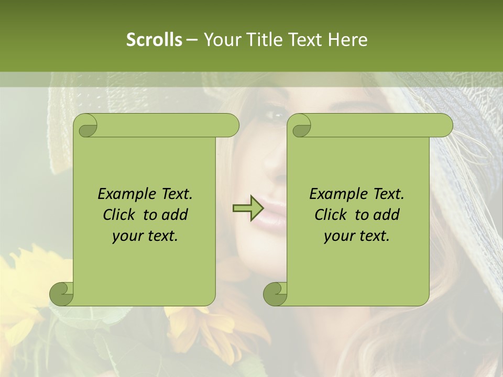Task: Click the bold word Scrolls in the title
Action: pos(154,40)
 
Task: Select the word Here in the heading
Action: pos(347,40)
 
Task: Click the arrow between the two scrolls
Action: pos(247,209)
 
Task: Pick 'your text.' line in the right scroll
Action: pos(357,236)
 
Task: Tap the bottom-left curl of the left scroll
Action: pos(61,293)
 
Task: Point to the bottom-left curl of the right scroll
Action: pos(275,293)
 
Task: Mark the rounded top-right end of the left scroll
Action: pos(231,125)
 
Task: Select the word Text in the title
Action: pos(307,40)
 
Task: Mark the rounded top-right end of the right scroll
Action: pos(444,125)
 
